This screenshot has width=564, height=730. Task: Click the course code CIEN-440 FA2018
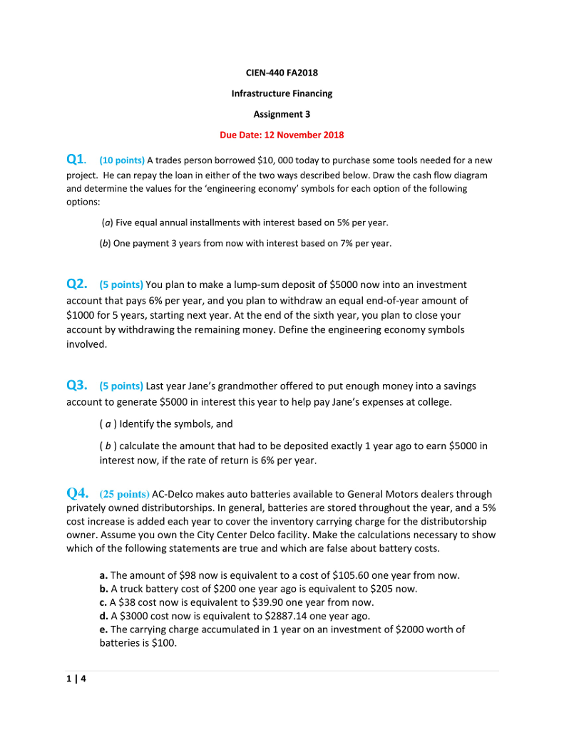[282, 72]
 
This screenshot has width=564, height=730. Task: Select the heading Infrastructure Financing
[282, 93]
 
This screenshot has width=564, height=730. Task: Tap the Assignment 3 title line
[282, 114]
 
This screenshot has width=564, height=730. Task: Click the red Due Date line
[282, 135]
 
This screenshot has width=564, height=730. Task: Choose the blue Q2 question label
[77, 284]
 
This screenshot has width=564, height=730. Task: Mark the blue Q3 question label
[77, 386]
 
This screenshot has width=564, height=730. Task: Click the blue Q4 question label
[77, 493]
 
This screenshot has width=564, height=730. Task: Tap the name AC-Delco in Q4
[173, 494]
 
